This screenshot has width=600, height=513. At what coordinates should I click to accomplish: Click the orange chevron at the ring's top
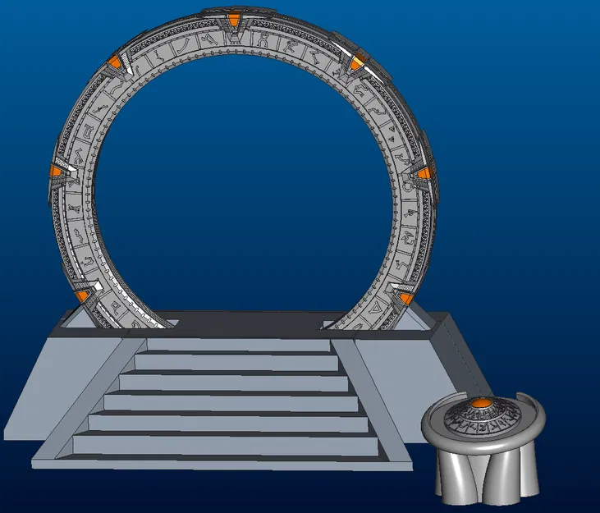[x=236, y=20]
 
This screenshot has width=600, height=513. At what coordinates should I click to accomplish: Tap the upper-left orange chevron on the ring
[x=116, y=62]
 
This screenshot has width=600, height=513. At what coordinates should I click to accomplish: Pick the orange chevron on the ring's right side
[x=423, y=173]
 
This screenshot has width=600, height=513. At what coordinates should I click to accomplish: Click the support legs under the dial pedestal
[x=484, y=476]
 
